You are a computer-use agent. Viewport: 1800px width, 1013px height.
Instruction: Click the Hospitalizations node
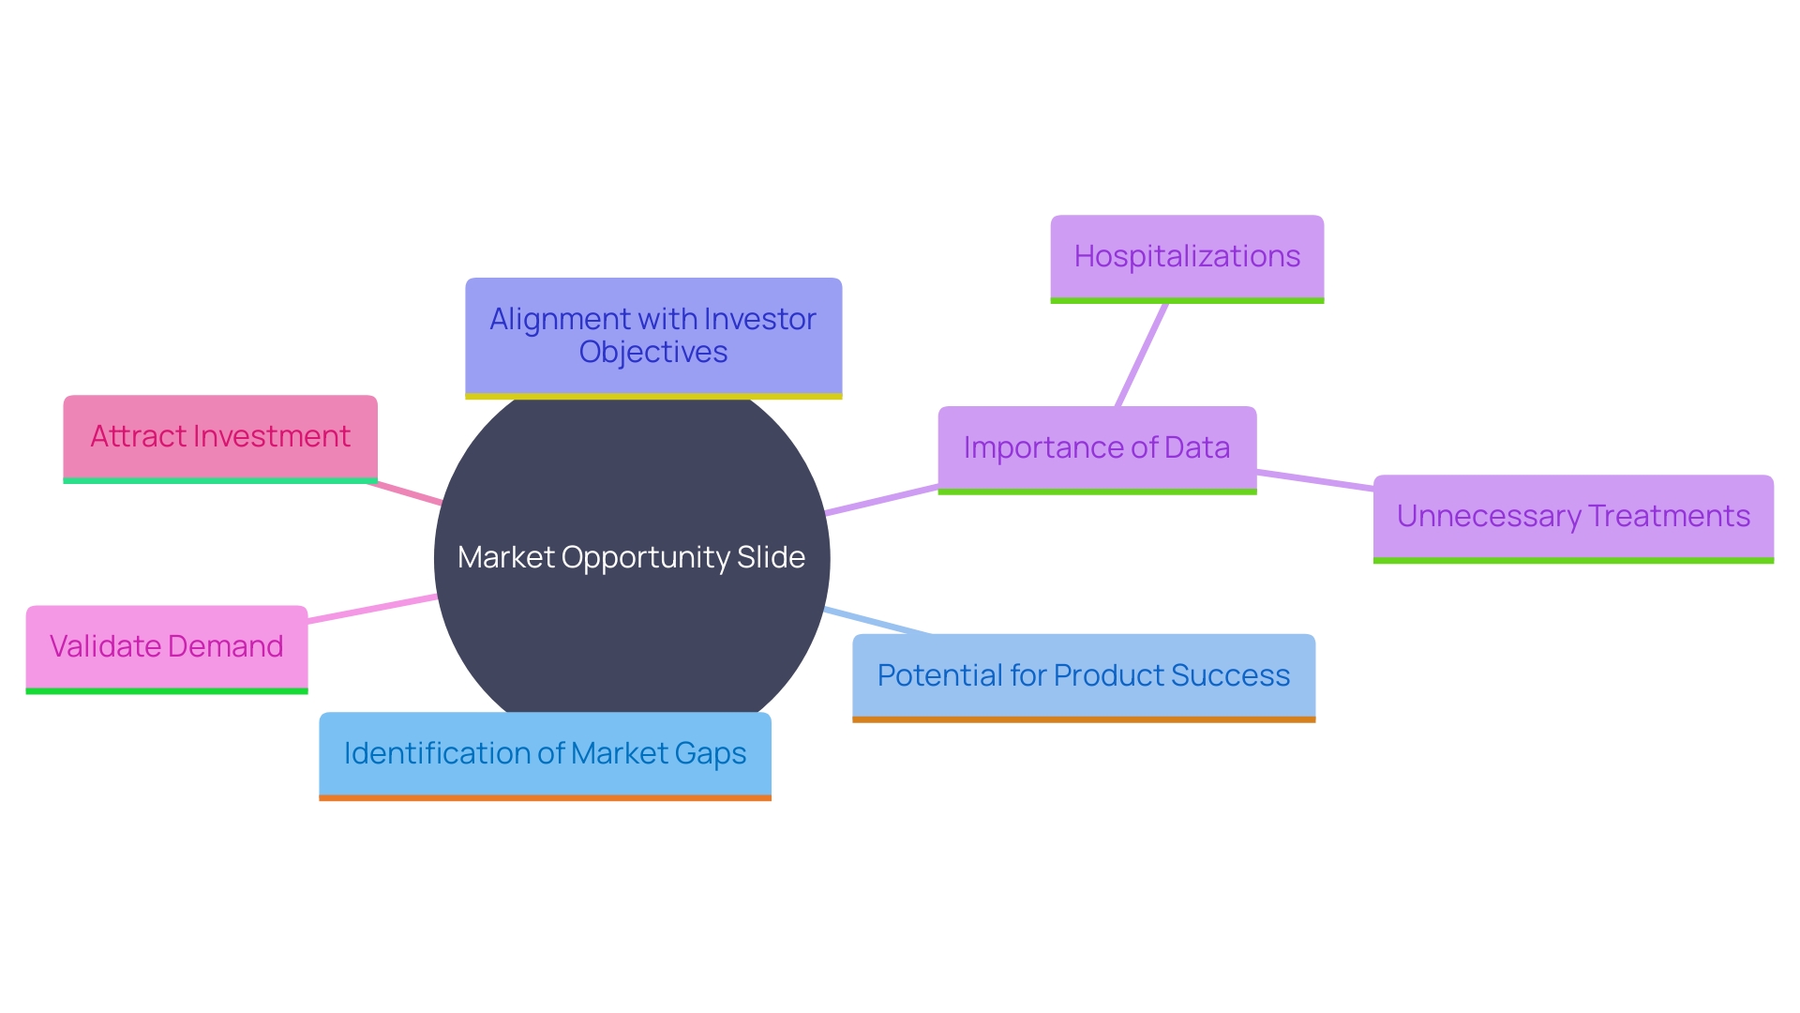[x=1187, y=257]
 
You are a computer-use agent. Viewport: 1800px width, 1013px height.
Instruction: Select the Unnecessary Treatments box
[x=1573, y=517]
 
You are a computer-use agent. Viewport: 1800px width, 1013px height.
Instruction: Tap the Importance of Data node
[x=1097, y=448]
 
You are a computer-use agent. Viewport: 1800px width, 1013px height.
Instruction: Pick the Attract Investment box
[x=220, y=437]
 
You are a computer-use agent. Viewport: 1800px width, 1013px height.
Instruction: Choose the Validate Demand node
[x=167, y=647]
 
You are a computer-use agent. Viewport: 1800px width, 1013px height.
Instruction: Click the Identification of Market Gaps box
[x=545, y=754]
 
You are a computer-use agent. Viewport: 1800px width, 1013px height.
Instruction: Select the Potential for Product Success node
[x=1084, y=676]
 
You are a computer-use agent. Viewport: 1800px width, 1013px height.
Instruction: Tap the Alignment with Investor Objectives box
[x=653, y=336]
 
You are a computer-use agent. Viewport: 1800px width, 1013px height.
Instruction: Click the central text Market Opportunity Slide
[x=631, y=558]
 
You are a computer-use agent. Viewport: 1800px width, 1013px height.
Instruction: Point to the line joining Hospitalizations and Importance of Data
[x=1142, y=355]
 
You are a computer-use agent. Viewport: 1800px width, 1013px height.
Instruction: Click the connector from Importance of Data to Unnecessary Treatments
[x=1314, y=480]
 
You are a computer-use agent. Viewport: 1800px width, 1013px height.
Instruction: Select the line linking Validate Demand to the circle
[x=372, y=608]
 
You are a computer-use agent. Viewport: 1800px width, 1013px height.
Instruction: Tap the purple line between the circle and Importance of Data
[x=881, y=499]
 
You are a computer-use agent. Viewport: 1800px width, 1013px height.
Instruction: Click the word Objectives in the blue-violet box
[x=653, y=353]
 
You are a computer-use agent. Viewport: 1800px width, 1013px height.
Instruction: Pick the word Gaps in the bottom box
[x=708, y=754]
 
